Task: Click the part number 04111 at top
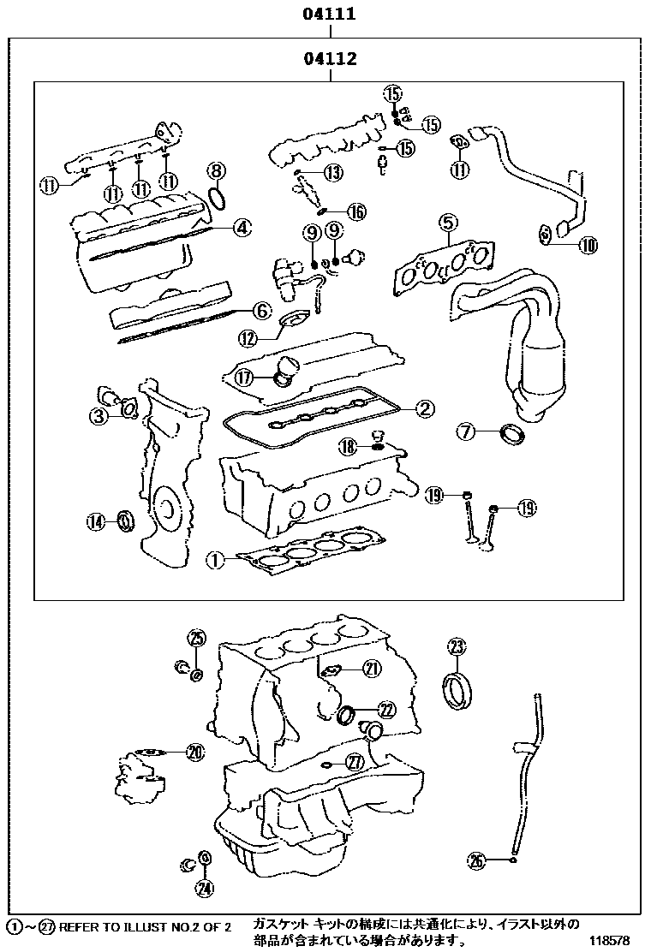[x=329, y=15]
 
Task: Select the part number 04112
[x=329, y=59]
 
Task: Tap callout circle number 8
[x=217, y=170]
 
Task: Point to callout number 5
[x=447, y=224]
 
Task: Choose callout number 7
[x=465, y=432]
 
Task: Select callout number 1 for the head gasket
[x=215, y=561]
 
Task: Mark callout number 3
[x=99, y=417]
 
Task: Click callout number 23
[x=457, y=646]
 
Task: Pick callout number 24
[x=204, y=888]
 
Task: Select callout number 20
[x=195, y=753]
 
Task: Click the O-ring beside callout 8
[x=218, y=198]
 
